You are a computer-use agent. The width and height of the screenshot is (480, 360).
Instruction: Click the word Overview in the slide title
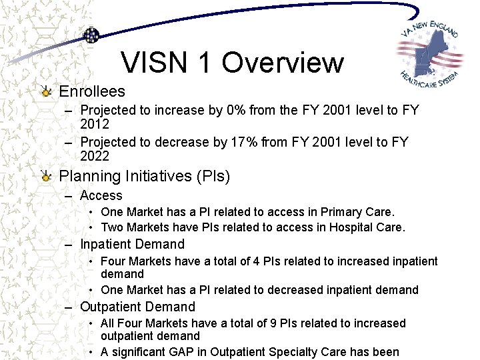283,63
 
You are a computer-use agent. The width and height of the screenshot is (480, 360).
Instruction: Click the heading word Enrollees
92,91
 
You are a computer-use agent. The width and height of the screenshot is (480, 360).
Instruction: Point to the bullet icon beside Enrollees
45,91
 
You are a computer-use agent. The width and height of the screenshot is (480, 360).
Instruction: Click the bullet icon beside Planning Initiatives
45,177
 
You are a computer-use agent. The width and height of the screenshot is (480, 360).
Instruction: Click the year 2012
95,124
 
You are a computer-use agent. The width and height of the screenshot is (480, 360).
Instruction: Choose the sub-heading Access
101,195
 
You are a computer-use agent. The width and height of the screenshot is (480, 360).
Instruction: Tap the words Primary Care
357,212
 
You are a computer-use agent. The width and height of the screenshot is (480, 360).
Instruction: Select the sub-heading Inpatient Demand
132,244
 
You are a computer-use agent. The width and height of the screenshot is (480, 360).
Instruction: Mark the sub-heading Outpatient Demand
137,307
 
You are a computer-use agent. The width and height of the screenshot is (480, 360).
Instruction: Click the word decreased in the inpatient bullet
295,290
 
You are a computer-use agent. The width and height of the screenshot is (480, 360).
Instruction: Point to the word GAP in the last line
191,352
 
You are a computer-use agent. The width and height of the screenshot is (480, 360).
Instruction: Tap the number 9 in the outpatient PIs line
271,323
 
